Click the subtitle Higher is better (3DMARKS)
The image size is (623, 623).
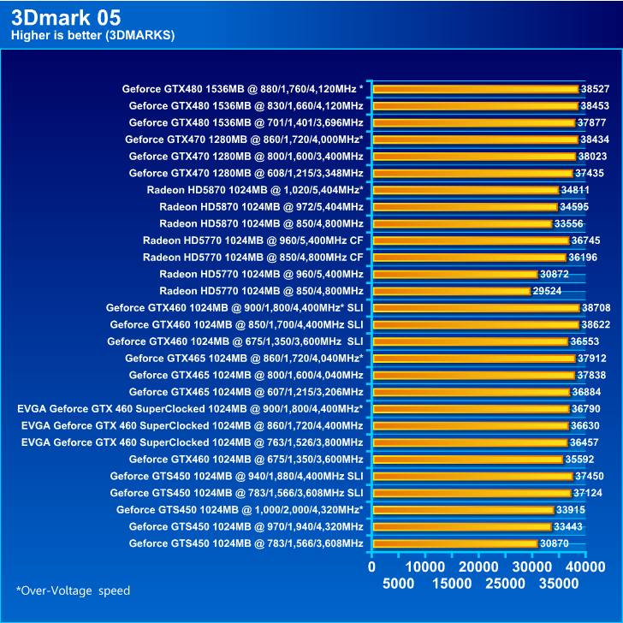92,36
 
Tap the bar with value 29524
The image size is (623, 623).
451,291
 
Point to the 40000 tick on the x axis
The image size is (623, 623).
585,567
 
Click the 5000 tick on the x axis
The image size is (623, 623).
398,584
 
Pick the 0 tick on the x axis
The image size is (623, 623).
371,567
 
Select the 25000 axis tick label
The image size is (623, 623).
505,584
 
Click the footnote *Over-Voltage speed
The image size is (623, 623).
74,590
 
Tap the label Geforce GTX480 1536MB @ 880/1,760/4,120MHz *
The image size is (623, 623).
243,88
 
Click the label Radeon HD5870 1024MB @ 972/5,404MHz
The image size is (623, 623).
261,206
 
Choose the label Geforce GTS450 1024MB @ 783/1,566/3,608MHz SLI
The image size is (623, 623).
236,493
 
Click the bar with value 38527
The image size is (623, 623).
475,89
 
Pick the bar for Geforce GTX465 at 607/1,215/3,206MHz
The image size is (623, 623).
471,392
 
